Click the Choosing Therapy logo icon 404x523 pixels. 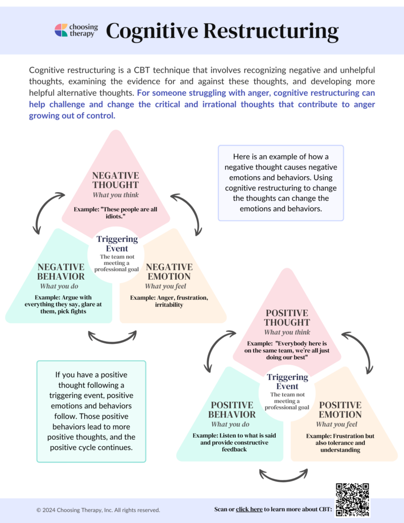coord(62,30)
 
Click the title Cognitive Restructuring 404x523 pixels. coord(222,31)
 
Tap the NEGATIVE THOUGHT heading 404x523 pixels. coord(116,180)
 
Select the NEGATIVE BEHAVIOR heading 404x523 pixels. coord(61,272)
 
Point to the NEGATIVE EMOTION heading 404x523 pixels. coord(168,272)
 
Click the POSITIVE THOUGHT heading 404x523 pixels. coord(287,318)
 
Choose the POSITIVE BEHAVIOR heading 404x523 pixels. coord(233,410)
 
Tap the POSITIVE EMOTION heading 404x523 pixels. coord(340,410)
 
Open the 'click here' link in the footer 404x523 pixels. coord(249,509)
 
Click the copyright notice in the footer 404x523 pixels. coord(98,510)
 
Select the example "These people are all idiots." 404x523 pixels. coord(116,213)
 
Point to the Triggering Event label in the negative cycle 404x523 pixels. coord(117,244)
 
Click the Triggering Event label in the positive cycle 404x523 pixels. coord(287,382)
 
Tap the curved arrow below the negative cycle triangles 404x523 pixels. coord(113,337)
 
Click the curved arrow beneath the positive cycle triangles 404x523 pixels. coord(284,475)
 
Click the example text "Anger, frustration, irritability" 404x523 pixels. coord(169,301)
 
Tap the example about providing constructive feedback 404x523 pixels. coord(233,442)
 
